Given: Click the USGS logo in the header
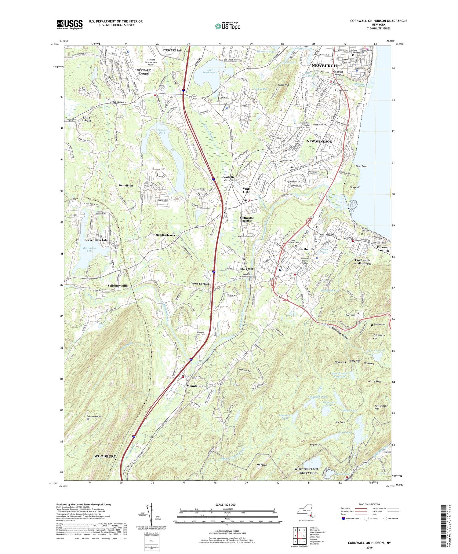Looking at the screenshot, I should (x=70, y=24).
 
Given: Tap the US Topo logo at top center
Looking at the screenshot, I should (x=227, y=26).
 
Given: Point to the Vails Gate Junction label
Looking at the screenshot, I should (x=230, y=178).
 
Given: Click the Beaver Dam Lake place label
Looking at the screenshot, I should (x=96, y=240).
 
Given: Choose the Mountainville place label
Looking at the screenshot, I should (x=196, y=386).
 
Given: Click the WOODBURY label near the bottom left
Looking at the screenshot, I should (x=105, y=456).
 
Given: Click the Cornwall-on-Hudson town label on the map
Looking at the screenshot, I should (x=362, y=262).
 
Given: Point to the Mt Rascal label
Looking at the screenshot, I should (x=261, y=465).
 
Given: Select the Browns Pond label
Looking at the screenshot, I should (x=162, y=131).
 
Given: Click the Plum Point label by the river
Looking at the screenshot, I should (x=362, y=166).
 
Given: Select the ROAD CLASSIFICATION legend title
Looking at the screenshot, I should (x=369, y=504).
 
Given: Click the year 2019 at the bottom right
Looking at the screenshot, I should (x=369, y=548).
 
